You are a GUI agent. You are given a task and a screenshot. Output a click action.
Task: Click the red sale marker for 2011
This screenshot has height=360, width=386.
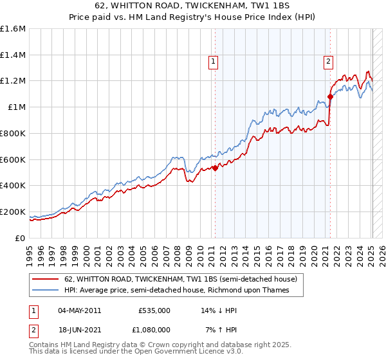point(215,168)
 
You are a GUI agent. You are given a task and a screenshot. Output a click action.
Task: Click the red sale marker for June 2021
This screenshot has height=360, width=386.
point(330,97)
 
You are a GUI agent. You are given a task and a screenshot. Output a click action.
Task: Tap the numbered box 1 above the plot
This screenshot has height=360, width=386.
point(213,62)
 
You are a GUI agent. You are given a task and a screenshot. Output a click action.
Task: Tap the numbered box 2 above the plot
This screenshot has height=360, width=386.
point(328,62)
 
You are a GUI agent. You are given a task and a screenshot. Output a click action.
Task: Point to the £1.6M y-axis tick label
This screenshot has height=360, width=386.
point(13,29)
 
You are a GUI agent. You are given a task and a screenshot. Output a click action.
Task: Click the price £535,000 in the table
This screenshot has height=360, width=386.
point(154,310)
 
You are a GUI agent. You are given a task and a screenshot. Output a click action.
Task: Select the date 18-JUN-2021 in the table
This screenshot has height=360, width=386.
point(79,329)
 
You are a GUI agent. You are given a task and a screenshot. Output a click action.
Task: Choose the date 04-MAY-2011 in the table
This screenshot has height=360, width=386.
point(79,310)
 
